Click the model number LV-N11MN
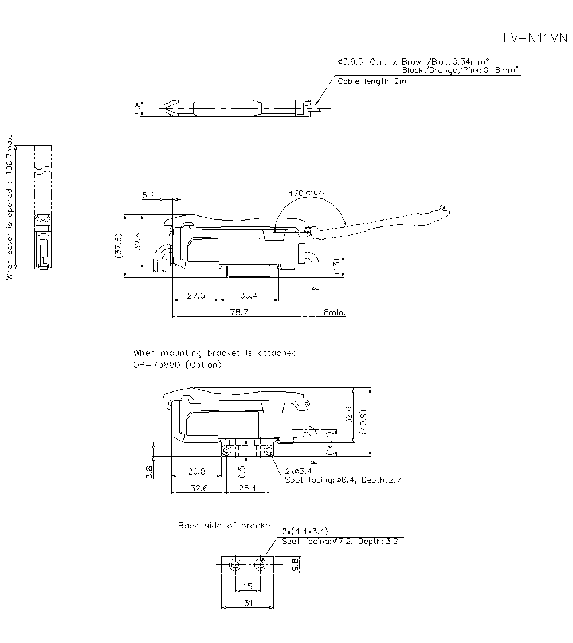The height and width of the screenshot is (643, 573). pyautogui.click(x=535, y=38)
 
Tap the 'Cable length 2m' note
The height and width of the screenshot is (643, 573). pyautogui.click(x=372, y=81)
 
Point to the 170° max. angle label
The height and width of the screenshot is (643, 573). pyautogui.click(x=307, y=193)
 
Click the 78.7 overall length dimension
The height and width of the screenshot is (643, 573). pyautogui.click(x=239, y=312)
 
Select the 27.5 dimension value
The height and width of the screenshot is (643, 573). pyautogui.click(x=196, y=295)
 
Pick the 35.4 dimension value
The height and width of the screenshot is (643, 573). pyautogui.click(x=249, y=295)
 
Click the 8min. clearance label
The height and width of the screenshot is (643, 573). pyautogui.click(x=335, y=312)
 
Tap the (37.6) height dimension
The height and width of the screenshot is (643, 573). pyautogui.click(x=119, y=246)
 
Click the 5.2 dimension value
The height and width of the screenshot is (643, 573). pyautogui.click(x=148, y=195)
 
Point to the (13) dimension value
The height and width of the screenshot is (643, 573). pyautogui.click(x=336, y=266)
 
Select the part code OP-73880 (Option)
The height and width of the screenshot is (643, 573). pyautogui.click(x=177, y=364)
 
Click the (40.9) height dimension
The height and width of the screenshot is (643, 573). pyautogui.click(x=363, y=422)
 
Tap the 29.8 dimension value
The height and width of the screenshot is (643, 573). pyautogui.click(x=197, y=472)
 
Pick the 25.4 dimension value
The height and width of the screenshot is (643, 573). pyautogui.click(x=247, y=488)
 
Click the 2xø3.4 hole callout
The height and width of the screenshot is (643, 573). pyautogui.click(x=298, y=471)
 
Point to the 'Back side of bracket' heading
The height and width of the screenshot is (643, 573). pyautogui.click(x=225, y=526)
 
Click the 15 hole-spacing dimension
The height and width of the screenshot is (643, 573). pyautogui.click(x=248, y=586)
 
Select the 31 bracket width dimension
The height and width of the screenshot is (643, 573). pyautogui.click(x=248, y=603)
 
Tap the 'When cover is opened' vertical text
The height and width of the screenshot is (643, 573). pyautogui.click(x=10, y=207)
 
